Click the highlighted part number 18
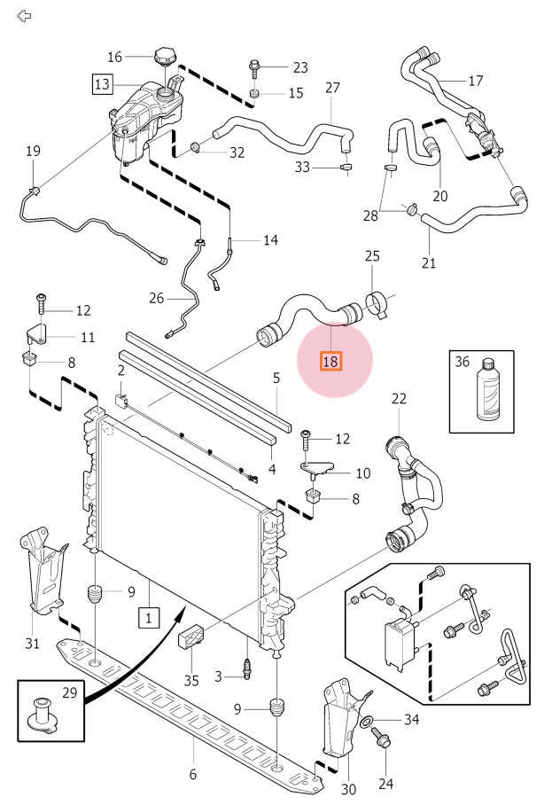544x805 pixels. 330,361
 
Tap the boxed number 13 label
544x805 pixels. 103,84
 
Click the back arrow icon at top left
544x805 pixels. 24,16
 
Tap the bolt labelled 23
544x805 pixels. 255,66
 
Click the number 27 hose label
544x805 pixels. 332,88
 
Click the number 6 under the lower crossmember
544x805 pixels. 192,774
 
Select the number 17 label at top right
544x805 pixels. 475,81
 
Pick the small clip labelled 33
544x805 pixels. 346,166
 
